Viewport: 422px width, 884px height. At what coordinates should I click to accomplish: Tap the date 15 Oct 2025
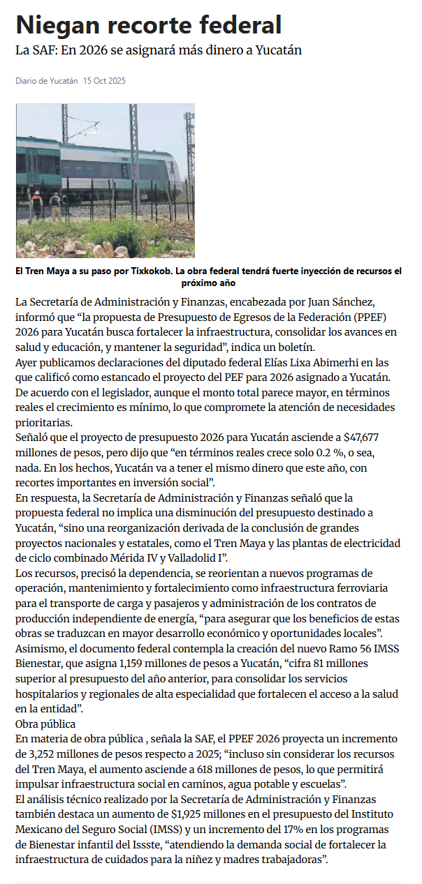pos(104,81)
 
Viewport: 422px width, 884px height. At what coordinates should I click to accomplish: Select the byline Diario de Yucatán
pos(47,81)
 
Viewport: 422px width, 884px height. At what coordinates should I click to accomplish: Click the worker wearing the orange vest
pos(36,203)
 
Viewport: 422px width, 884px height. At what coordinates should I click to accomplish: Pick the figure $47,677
pos(361,437)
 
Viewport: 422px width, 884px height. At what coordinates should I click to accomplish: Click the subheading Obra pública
pos(45,724)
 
